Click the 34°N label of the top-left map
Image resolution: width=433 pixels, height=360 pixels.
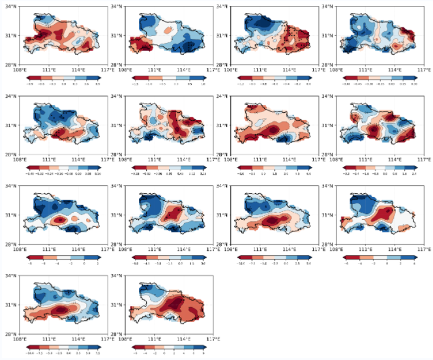[12, 6]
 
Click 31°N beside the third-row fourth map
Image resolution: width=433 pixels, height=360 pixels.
[333, 215]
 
